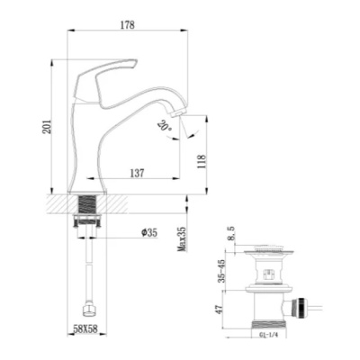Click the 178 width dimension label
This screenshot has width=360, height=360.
(x=128, y=25)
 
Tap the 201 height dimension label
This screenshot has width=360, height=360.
(x=47, y=127)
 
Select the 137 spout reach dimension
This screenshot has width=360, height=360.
(x=137, y=173)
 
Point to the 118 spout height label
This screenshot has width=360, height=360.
(x=202, y=161)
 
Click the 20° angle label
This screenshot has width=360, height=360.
(x=164, y=126)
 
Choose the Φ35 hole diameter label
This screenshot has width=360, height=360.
(x=149, y=233)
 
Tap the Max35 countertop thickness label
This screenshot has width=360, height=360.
(x=182, y=239)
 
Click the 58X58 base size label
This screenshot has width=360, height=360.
(x=85, y=329)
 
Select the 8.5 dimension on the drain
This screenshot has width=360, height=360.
(x=231, y=234)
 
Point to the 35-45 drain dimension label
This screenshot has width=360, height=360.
(x=222, y=271)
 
